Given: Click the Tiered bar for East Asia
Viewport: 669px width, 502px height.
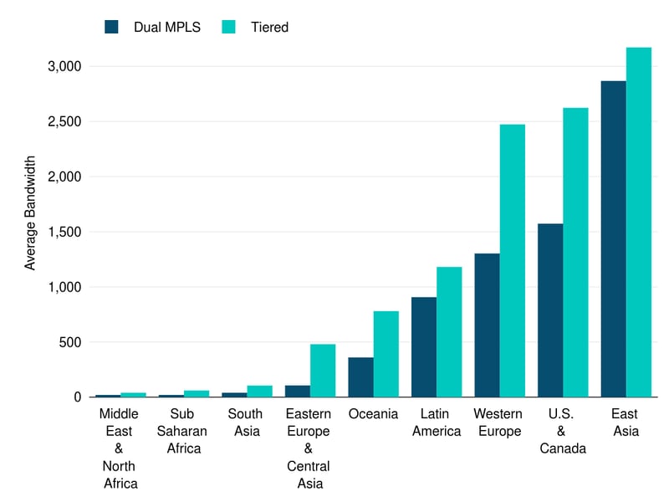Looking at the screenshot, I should point(639,222).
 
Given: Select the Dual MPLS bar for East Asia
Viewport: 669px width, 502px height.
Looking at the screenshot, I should point(613,238).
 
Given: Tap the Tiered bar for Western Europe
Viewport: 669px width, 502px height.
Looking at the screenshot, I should point(513,260).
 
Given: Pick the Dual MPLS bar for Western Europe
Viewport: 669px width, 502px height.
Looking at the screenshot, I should point(487,325).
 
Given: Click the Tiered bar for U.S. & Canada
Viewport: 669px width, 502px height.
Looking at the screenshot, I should point(575,252).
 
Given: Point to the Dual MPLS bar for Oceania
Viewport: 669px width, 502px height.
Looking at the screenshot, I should point(360,376).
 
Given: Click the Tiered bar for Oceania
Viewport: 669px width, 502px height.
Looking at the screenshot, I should point(386,354).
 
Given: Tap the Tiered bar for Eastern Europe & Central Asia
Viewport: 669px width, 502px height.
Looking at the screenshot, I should point(323,370).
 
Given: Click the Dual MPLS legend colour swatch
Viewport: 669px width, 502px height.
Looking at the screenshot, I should point(112,27).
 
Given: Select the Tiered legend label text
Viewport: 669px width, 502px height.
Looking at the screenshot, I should point(269,27).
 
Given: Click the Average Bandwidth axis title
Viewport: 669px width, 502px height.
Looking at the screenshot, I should point(30,212).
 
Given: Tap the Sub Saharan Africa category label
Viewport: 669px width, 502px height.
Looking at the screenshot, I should point(181,431).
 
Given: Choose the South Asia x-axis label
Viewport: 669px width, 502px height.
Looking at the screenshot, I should point(245,423).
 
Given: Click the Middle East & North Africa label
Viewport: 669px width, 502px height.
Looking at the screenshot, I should point(119,448).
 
